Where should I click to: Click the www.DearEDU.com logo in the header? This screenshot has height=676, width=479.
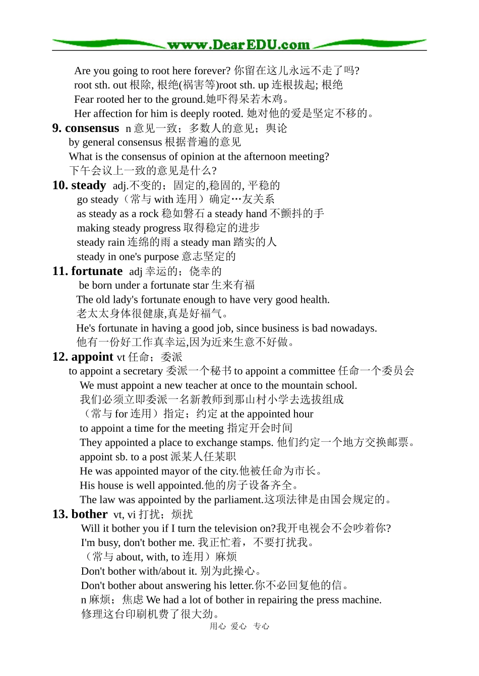pos(238,45)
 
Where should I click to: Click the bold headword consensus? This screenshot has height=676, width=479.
pos(92,128)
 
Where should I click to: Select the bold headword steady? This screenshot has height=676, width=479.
pos(89,185)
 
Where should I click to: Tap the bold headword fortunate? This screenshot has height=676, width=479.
pos(97,272)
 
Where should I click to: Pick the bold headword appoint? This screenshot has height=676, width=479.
pos(92,357)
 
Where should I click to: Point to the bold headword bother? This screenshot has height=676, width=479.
pos(89,514)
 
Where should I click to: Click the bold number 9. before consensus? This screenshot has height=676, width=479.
pos(57,128)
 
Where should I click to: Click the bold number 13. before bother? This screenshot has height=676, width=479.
pos(60,514)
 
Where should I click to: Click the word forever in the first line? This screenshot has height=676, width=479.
pos(213,71)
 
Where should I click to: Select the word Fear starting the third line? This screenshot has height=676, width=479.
pos(84,99)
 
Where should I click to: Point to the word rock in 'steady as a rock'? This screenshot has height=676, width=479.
pos(149,214)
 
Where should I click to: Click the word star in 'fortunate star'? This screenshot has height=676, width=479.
pos(200,286)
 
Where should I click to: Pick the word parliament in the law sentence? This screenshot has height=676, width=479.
pos(237,500)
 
